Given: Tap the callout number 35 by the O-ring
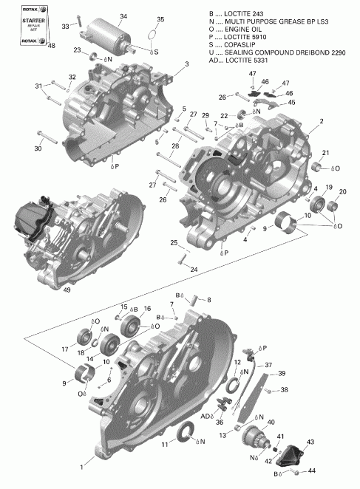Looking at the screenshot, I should (x=161, y=18).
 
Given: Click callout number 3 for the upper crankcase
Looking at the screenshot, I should (x=186, y=64).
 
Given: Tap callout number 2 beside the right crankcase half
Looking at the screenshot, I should (x=321, y=121).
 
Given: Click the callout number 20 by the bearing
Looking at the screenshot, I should (x=342, y=192).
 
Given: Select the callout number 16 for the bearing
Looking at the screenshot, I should (x=148, y=309).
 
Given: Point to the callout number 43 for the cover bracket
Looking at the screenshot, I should (x=310, y=442).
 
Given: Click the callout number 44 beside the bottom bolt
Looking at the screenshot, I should (x=312, y=470).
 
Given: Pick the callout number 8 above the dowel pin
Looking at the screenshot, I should (x=208, y=299).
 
